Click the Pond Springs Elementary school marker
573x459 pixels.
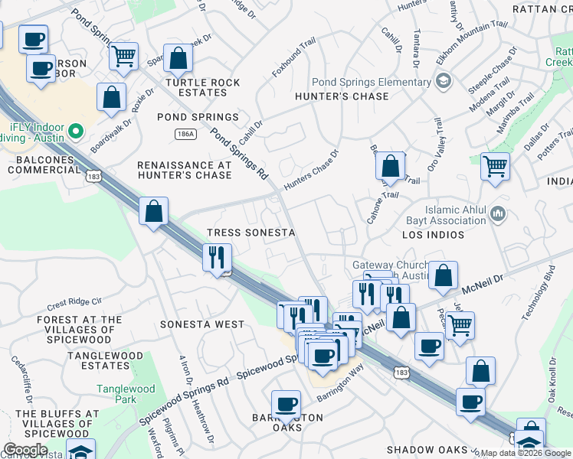click(x=443, y=82)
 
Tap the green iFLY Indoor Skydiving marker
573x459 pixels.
click(x=75, y=131)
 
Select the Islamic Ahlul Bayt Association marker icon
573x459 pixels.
click(x=499, y=213)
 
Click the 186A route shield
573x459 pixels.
click(x=184, y=134)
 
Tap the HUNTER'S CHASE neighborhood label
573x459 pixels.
click(x=342, y=96)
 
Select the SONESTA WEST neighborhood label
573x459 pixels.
click(x=202, y=324)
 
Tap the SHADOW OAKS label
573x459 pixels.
click(x=426, y=450)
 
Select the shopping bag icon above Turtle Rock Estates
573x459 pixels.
click(x=178, y=58)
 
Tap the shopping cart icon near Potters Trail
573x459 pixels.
click(x=496, y=165)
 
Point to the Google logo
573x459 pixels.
click(x=25, y=450)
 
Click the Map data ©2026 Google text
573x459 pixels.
click(x=525, y=453)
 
